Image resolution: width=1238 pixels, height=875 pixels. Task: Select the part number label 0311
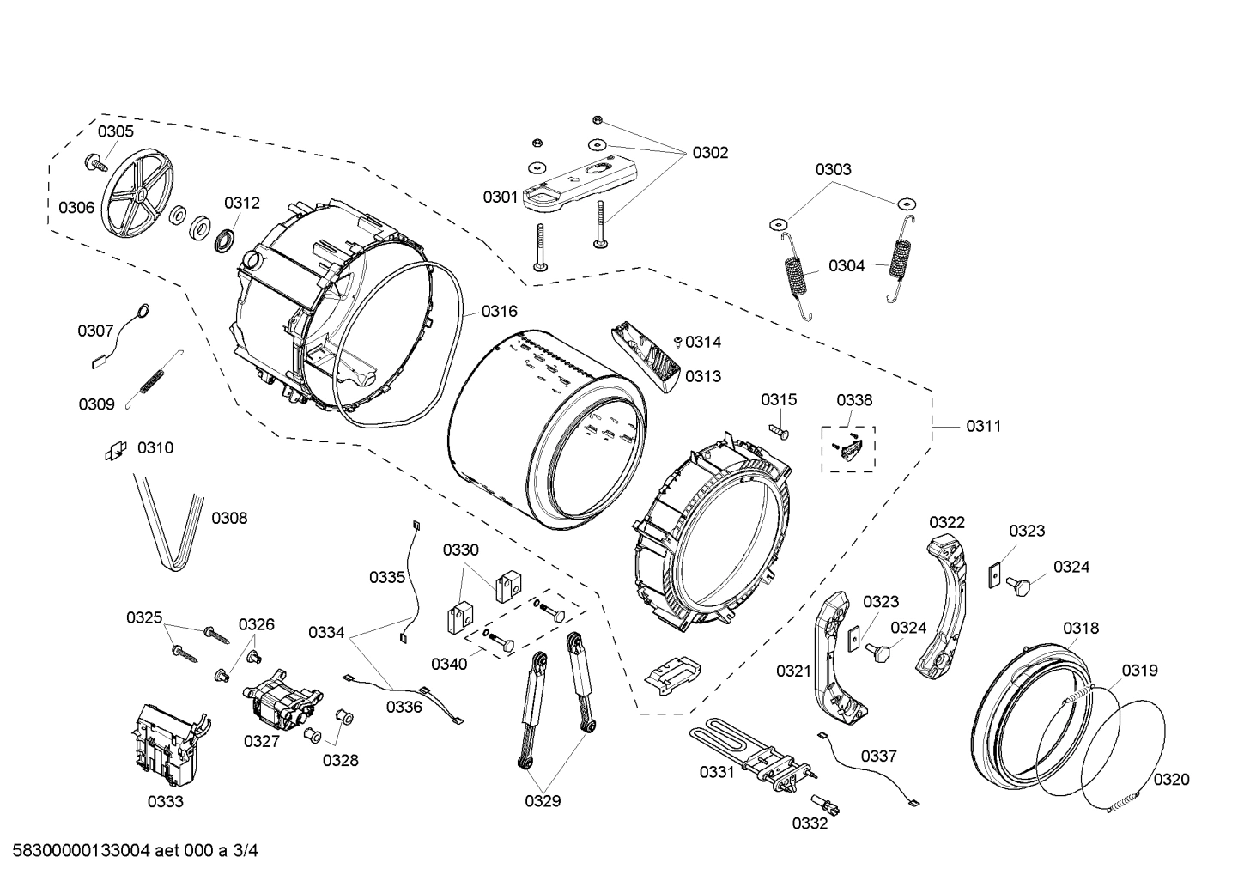tap(983, 426)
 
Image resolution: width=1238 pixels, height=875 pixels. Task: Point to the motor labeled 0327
tap(282, 694)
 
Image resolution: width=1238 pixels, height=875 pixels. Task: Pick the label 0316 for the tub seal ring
tap(499, 311)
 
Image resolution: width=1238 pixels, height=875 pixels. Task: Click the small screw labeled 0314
tap(678, 342)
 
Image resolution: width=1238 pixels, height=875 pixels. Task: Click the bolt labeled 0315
tap(780, 427)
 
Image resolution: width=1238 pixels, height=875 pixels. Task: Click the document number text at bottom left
tap(129, 852)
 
